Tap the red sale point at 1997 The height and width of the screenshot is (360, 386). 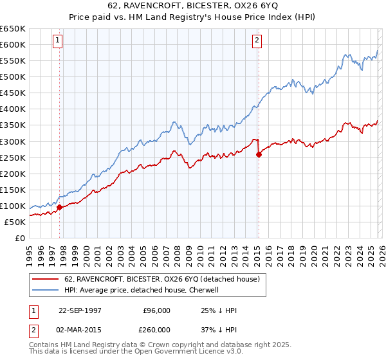(x=60, y=207)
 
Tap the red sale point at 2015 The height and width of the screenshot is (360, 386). (x=258, y=154)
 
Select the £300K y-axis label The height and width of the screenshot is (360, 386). (x=13, y=141)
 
